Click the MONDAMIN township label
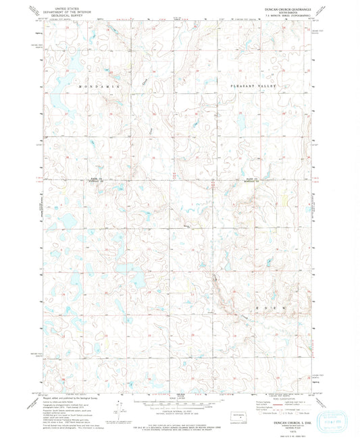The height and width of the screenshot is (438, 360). click(x=99, y=88)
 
